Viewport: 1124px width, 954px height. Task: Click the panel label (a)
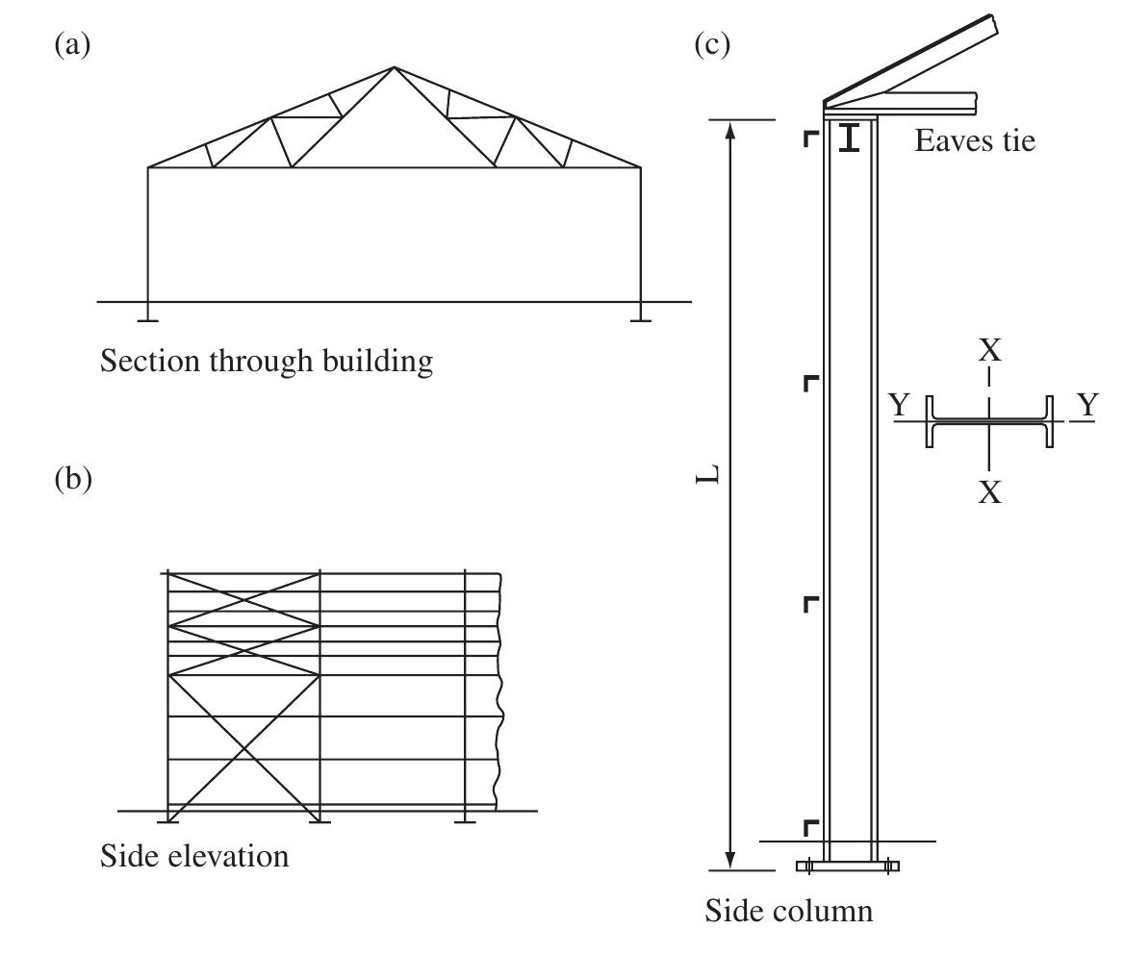(72, 45)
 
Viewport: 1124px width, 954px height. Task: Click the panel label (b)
(73, 478)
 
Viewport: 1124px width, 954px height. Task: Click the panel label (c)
(712, 45)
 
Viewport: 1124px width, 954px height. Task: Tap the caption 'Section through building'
(266, 361)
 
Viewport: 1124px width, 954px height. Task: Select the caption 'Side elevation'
(194, 856)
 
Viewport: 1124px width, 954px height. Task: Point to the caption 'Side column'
(788, 911)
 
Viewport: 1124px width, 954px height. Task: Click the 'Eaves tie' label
(975, 140)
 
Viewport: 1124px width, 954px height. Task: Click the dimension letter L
(708, 473)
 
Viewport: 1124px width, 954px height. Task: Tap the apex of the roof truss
(394, 68)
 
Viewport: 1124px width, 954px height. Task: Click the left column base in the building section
(147, 315)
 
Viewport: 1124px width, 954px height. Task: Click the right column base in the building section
(640, 315)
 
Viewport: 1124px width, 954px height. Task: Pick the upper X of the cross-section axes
(990, 350)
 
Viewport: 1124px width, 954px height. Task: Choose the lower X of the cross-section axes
(990, 492)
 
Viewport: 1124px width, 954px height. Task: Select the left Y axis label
(900, 406)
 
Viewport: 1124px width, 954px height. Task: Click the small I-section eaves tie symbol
(850, 138)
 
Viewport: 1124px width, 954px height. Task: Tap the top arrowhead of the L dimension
(730, 129)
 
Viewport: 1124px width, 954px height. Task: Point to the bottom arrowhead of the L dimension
(730, 861)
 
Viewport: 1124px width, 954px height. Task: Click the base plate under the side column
(848, 866)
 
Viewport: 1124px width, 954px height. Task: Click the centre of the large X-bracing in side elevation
(244, 749)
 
